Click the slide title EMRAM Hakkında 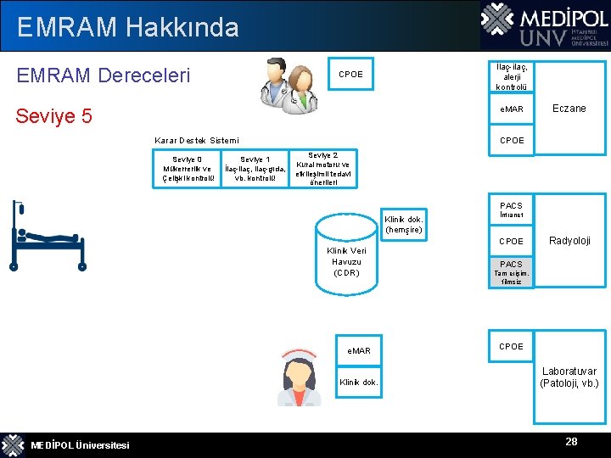coord(127,27)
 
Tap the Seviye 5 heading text coord(54,115)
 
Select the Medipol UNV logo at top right coord(544,25)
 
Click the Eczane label coord(569,109)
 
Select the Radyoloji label coord(569,241)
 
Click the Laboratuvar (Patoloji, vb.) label coord(569,377)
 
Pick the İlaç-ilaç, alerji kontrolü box coord(512,75)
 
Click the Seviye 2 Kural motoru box coord(322,169)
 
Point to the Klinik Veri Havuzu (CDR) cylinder coord(346,254)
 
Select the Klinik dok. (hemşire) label coord(403,225)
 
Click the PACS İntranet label coord(511,209)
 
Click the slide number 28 coord(572,442)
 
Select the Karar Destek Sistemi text coord(196,140)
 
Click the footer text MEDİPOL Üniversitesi coord(80,446)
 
